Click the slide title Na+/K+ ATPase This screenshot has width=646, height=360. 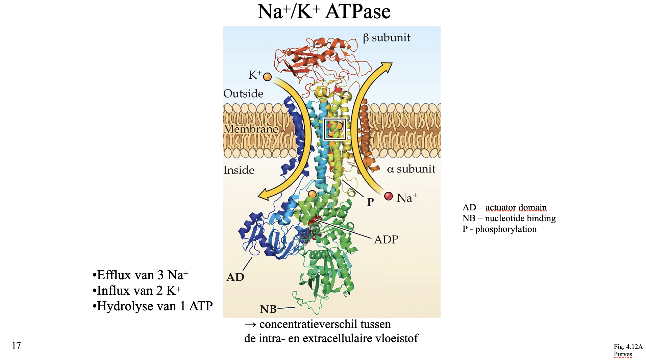pos(324,11)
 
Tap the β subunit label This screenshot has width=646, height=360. pos(387,37)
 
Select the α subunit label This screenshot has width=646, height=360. pos(411,169)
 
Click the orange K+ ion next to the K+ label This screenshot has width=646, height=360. pos(267,77)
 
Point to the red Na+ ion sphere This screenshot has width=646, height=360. pos(389,196)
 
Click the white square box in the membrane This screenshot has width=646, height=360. pos(334,129)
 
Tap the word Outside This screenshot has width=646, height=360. pos(243,94)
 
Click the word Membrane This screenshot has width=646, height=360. pos(251,129)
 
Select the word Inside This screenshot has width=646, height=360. pos(239,170)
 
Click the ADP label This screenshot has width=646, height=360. pos(386,240)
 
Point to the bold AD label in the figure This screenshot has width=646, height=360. pos(235,277)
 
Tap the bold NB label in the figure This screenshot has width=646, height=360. pos(268,309)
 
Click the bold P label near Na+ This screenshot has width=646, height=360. pos(370,202)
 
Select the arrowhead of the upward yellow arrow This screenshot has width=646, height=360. pos(387,67)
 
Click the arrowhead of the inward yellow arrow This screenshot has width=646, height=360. pos(264,196)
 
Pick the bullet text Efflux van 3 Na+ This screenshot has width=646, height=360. pos(141,275)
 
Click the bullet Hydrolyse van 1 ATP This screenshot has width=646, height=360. pos(153,306)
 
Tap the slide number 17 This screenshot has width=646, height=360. pos(16,345)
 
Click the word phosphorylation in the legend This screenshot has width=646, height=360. pos(506,229)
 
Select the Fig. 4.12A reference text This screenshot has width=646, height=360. pos(628,347)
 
